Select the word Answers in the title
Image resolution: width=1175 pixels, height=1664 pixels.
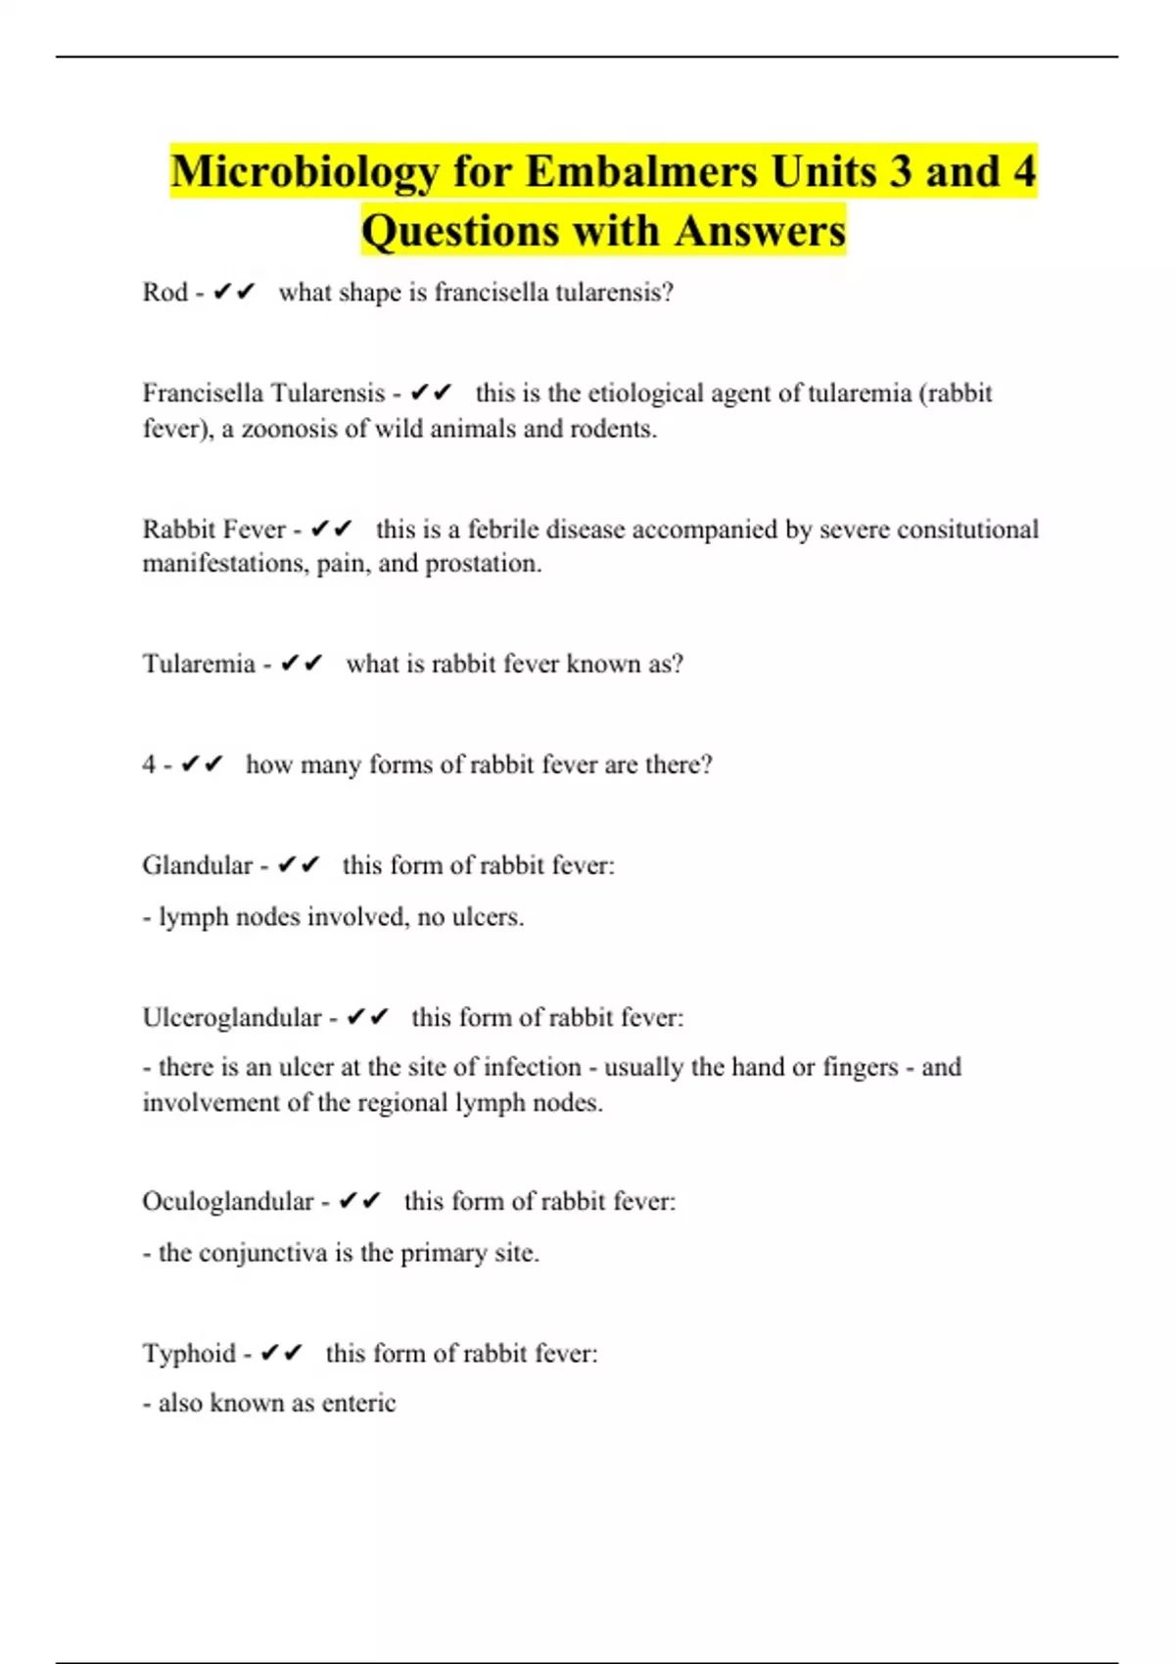pos(760,232)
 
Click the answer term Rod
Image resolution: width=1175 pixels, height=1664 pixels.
pos(165,293)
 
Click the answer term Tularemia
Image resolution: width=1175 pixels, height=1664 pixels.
pos(199,665)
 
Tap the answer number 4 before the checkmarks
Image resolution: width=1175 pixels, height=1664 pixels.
pos(149,764)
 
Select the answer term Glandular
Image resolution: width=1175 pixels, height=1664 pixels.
pos(198,865)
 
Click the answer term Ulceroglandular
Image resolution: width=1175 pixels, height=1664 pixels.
pos(232,1018)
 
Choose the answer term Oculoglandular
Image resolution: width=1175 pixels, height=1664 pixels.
pos(228,1201)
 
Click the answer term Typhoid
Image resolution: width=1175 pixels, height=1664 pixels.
pos(189,1354)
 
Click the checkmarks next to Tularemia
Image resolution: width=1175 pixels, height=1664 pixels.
pos(302,665)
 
